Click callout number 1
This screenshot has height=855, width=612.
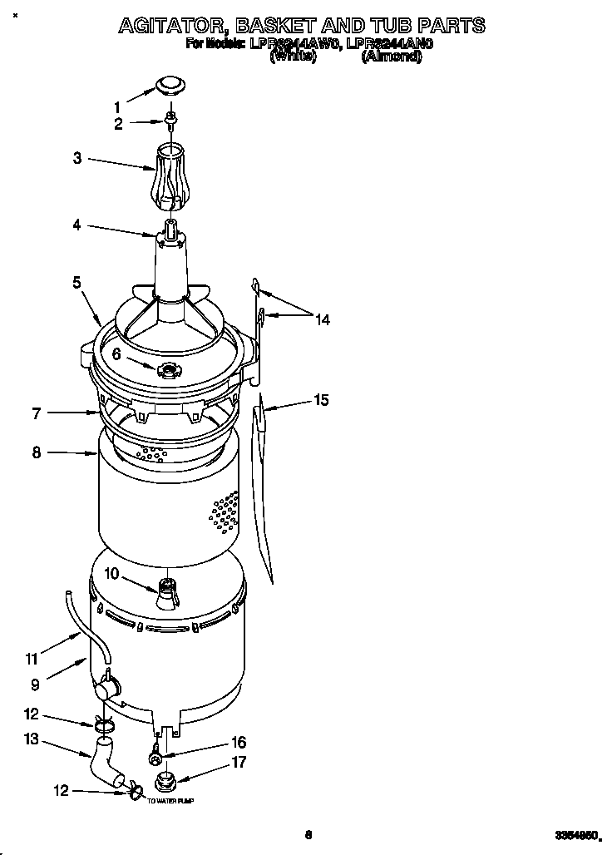(x=117, y=106)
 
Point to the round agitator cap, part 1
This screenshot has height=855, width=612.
(x=170, y=84)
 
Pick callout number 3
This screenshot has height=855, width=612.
(x=77, y=158)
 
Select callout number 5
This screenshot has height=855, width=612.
(x=76, y=283)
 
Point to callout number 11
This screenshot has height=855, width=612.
(x=32, y=660)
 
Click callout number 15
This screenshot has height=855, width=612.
(x=320, y=401)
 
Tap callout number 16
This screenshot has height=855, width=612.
(x=238, y=743)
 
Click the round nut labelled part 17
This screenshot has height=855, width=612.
(x=165, y=782)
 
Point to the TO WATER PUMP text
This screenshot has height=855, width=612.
(x=170, y=800)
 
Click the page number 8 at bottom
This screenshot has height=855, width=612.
(x=308, y=835)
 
